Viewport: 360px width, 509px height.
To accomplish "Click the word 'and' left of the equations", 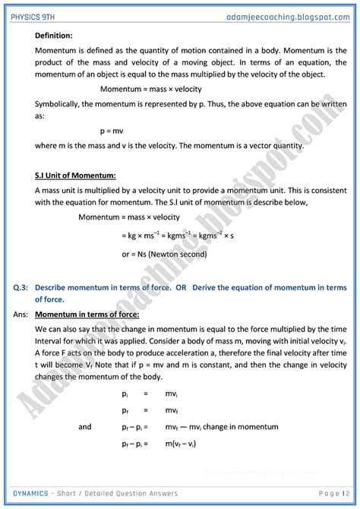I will point(85,426).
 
